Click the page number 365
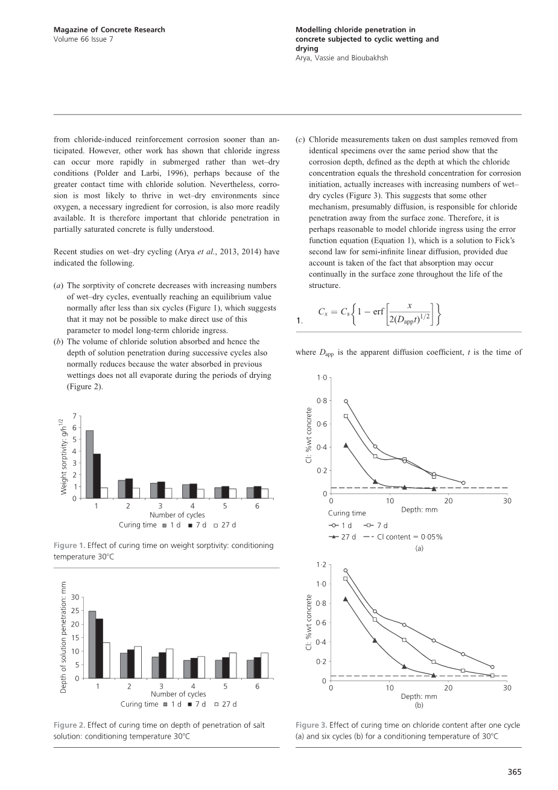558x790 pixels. [514, 771]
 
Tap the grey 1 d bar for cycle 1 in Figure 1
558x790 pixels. [90, 464]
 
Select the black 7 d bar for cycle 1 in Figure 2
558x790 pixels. [100, 648]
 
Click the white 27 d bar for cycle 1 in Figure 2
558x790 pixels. [107, 660]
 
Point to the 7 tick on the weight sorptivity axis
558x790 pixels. [75, 416]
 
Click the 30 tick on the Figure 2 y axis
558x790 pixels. [75, 597]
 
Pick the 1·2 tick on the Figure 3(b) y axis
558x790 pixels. [321, 565]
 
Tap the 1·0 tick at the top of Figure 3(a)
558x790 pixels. [322, 378]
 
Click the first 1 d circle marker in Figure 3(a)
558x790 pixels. [346, 401]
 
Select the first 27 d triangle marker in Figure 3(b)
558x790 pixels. [346, 599]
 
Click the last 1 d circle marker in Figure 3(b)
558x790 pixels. [492, 667]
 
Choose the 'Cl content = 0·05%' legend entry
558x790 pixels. [403, 537]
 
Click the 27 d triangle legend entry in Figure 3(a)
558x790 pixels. [343, 537]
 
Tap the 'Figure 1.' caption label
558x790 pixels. [69, 546]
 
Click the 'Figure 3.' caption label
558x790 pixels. [311, 725]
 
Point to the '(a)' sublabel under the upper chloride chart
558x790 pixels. [419, 548]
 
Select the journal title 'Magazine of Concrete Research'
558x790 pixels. [109, 30]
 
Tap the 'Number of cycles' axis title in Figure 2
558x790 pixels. [178, 694]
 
